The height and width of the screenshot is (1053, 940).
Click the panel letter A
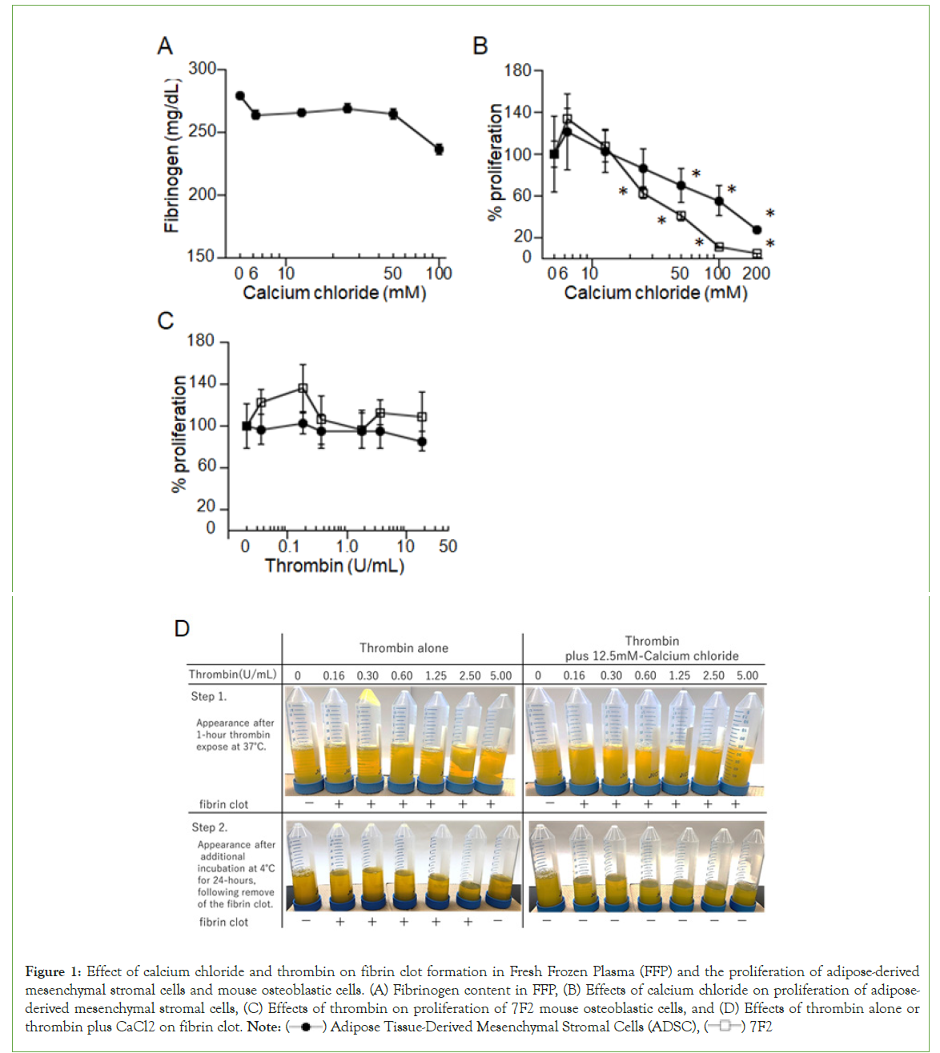165,46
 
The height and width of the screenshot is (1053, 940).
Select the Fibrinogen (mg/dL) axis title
171,156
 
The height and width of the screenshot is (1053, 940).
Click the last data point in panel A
439,150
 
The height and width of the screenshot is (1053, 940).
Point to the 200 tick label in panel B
756,274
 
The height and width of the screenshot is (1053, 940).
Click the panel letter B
480,46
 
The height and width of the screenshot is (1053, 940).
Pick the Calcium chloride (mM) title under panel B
656,293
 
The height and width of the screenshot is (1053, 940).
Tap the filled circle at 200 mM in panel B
757,230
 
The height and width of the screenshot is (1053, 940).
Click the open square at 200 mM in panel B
757,254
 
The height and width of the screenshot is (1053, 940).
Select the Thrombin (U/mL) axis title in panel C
335,567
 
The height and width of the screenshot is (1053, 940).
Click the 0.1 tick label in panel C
288,547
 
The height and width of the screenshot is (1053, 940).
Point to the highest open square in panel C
303,388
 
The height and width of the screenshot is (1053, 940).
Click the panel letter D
182,629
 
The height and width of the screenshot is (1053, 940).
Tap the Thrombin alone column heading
404,648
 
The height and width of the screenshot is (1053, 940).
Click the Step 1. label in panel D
208,697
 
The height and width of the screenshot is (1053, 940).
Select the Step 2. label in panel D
209,827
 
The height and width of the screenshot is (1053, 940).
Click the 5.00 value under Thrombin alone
501,676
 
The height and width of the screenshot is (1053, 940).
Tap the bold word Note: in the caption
264,1027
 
